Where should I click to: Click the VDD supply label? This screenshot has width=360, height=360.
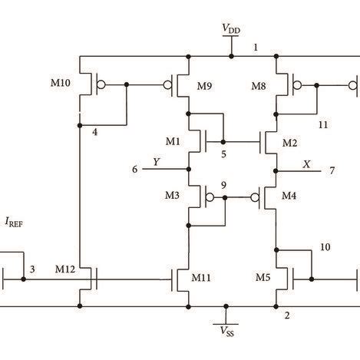click(230, 29)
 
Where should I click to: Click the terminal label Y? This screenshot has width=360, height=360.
click(157, 162)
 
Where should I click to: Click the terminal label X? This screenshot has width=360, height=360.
click(307, 163)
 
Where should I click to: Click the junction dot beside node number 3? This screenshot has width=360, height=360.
click(24, 279)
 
